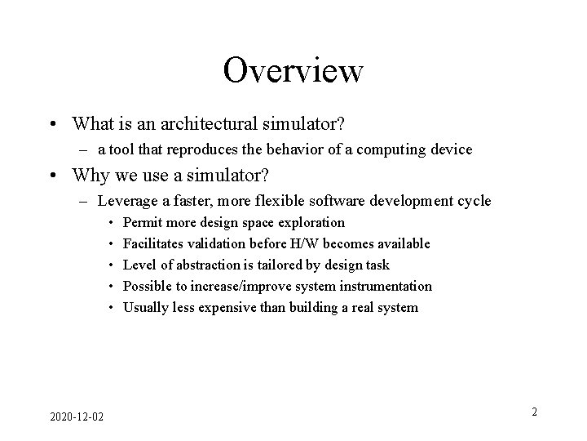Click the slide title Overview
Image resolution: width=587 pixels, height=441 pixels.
point(293,70)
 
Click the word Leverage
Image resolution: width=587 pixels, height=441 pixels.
point(123,201)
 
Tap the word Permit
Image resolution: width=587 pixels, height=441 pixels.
point(140,222)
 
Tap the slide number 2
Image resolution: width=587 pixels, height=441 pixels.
point(534,412)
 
